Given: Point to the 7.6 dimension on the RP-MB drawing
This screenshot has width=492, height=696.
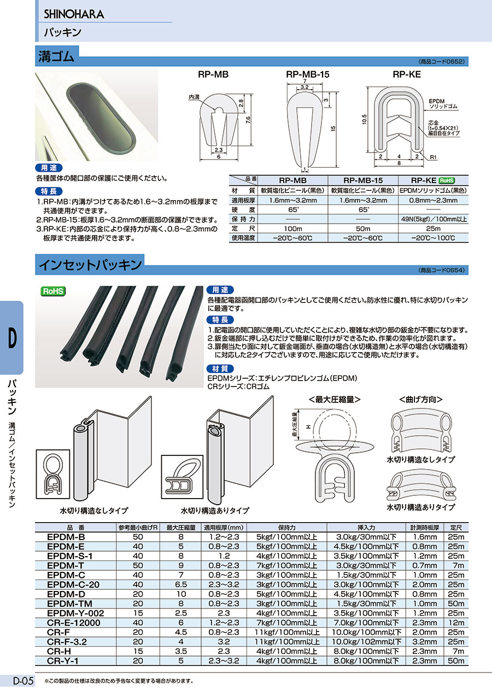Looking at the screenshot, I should point(248,121).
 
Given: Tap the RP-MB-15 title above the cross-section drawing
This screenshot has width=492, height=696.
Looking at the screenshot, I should point(308,75).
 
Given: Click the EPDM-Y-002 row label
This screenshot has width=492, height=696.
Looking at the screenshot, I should point(75,613).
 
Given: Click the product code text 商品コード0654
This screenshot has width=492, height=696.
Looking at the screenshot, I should point(442,270).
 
